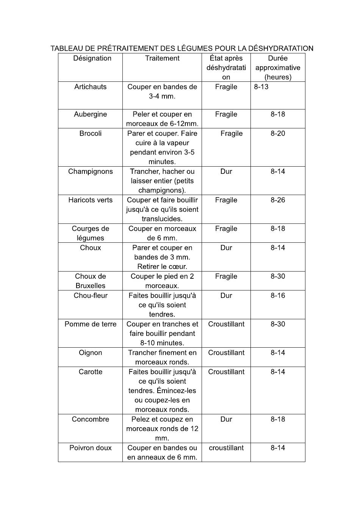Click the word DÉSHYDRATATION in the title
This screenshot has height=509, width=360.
pos(280,48)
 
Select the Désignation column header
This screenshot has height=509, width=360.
pos(92,58)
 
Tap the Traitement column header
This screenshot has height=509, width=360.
pos(162,58)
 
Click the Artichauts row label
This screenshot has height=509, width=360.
pos(90,87)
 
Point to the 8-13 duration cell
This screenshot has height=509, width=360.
pos(261,87)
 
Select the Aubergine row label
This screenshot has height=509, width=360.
pos(90,114)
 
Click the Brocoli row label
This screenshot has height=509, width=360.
pos(90,133)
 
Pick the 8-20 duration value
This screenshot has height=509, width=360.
pos(278,133)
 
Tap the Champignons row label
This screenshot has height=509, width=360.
pos(90,172)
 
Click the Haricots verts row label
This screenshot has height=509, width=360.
pos(90,200)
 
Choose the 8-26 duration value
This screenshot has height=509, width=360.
pos(278,200)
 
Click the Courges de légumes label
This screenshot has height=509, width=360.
pos(90,233)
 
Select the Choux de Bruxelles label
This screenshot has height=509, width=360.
pos(90,281)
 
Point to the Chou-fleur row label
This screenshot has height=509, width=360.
pos(90,295)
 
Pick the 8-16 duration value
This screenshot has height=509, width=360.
pos(278,295)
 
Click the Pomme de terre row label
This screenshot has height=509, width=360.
pos(90,324)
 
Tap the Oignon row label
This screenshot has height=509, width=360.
pos(90,353)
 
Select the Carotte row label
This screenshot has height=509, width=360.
pos(90,372)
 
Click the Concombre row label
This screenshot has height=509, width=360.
pos(90,419)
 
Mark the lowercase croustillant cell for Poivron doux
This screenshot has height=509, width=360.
pos(226,448)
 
